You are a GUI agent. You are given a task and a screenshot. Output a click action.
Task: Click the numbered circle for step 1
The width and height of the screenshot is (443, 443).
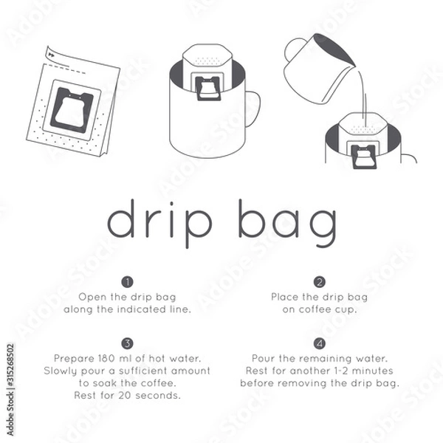[x=128, y=282]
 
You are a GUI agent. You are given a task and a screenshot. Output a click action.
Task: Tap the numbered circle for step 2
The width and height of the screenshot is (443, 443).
[x=320, y=282]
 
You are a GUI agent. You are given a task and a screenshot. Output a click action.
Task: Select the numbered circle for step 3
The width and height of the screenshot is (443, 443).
[x=128, y=343]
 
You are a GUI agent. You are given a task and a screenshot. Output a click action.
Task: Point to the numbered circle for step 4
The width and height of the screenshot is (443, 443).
[x=320, y=343]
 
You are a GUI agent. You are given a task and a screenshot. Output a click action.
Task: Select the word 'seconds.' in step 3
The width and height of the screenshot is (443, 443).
[x=158, y=395]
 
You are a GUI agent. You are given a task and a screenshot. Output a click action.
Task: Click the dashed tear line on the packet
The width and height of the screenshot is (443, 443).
[x=65, y=69]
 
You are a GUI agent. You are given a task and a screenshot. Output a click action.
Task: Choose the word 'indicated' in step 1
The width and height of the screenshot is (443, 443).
[x=142, y=309]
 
